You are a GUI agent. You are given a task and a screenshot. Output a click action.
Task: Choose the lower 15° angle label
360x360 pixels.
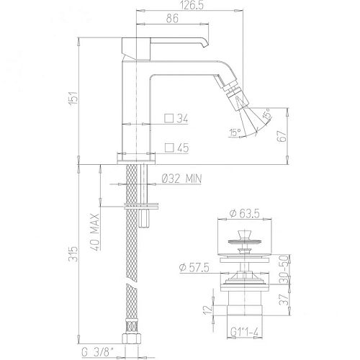pyautogui.click(x=235, y=132)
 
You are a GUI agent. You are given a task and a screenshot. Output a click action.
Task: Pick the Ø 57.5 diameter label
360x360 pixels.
pyautogui.click(x=194, y=269)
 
